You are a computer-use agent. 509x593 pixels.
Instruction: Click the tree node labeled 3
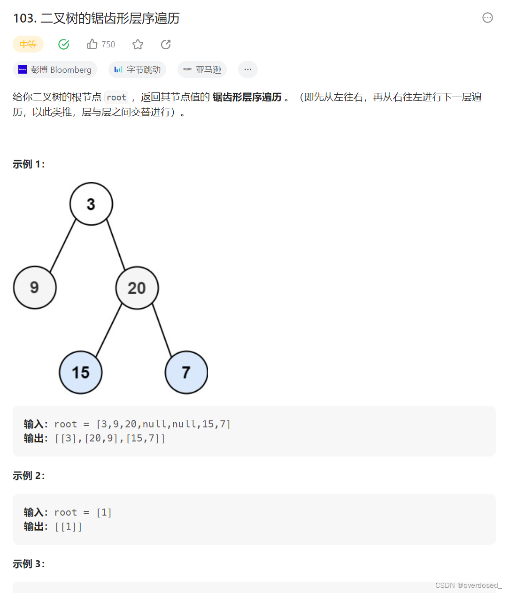click(x=91, y=204)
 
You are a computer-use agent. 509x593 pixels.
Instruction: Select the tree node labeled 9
click(x=35, y=288)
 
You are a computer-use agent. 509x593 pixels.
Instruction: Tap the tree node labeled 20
click(x=137, y=288)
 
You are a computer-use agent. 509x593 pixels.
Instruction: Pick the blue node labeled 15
click(x=81, y=372)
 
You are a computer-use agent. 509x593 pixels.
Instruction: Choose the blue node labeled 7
click(x=186, y=372)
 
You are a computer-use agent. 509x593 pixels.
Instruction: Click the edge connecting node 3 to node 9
click(x=63, y=245)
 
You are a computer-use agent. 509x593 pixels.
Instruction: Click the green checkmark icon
click(x=63, y=44)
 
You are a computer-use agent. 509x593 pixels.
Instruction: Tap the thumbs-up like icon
click(x=92, y=44)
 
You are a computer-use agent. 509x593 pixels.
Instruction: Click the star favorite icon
click(x=138, y=44)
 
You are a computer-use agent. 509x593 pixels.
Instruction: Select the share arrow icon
click(x=166, y=44)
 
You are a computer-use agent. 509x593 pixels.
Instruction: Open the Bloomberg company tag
click(x=55, y=69)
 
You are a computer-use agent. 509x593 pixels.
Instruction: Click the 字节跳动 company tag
click(x=138, y=69)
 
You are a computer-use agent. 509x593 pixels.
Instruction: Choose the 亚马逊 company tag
click(x=202, y=69)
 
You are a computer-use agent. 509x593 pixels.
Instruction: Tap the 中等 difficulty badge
click(x=28, y=44)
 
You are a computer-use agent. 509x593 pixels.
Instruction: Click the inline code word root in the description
click(x=116, y=97)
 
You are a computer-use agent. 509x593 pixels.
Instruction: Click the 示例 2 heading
click(x=29, y=476)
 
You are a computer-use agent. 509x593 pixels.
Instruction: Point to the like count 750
click(x=108, y=44)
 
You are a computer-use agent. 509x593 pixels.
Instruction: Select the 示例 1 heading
click(x=29, y=164)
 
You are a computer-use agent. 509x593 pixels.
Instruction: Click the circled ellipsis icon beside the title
click(x=488, y=18)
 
